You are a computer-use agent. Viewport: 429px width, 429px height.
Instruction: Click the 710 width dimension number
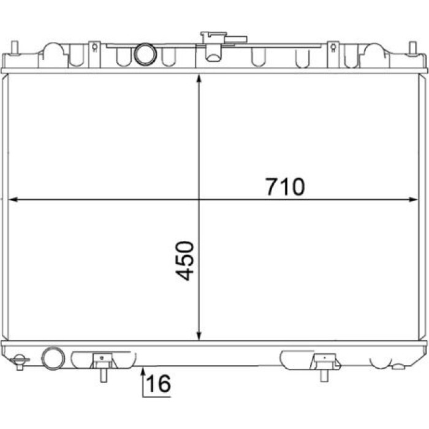tap(286, 186)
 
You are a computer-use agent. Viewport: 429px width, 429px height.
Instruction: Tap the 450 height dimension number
tap(184, 260)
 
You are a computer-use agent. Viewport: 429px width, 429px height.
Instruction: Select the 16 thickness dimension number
tap(158, 383)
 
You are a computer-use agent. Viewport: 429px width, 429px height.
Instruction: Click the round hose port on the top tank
tap(145, 54)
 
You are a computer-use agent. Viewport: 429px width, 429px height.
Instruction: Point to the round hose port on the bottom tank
tap(53, 358)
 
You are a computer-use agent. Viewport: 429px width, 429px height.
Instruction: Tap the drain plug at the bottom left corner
tap(20, 362)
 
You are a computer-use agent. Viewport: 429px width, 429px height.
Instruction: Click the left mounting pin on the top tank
tap(15, 48)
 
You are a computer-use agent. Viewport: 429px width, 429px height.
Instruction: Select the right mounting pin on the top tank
tap(413, 48)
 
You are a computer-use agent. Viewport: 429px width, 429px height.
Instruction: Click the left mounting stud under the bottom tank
tap(103, 375)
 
